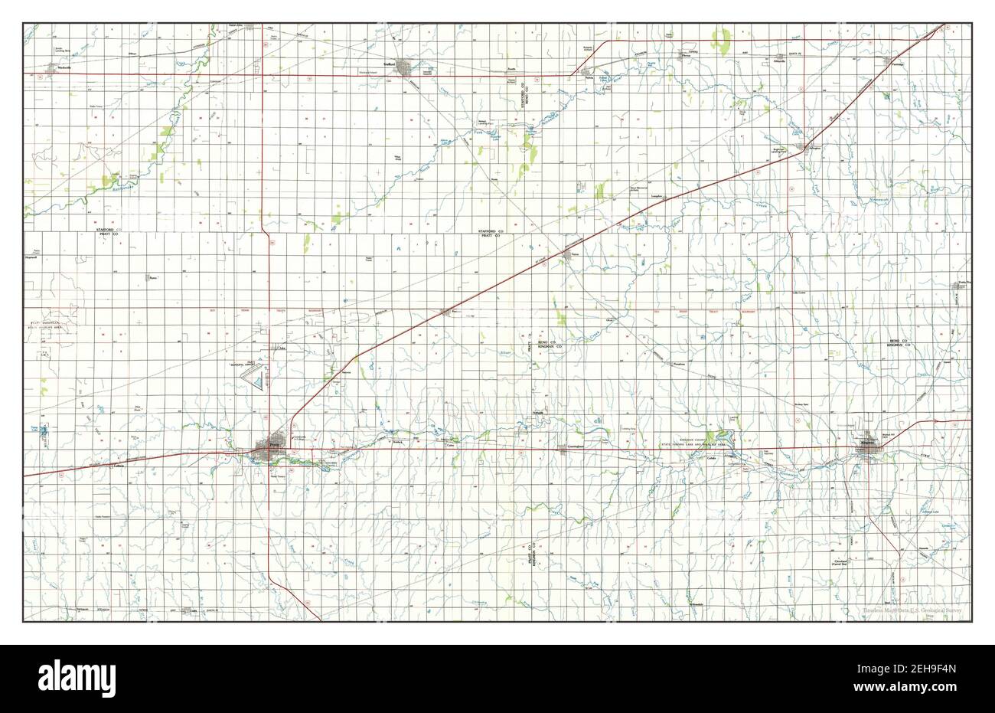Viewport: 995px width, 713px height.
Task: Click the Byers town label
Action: click(x=152, y=277)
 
